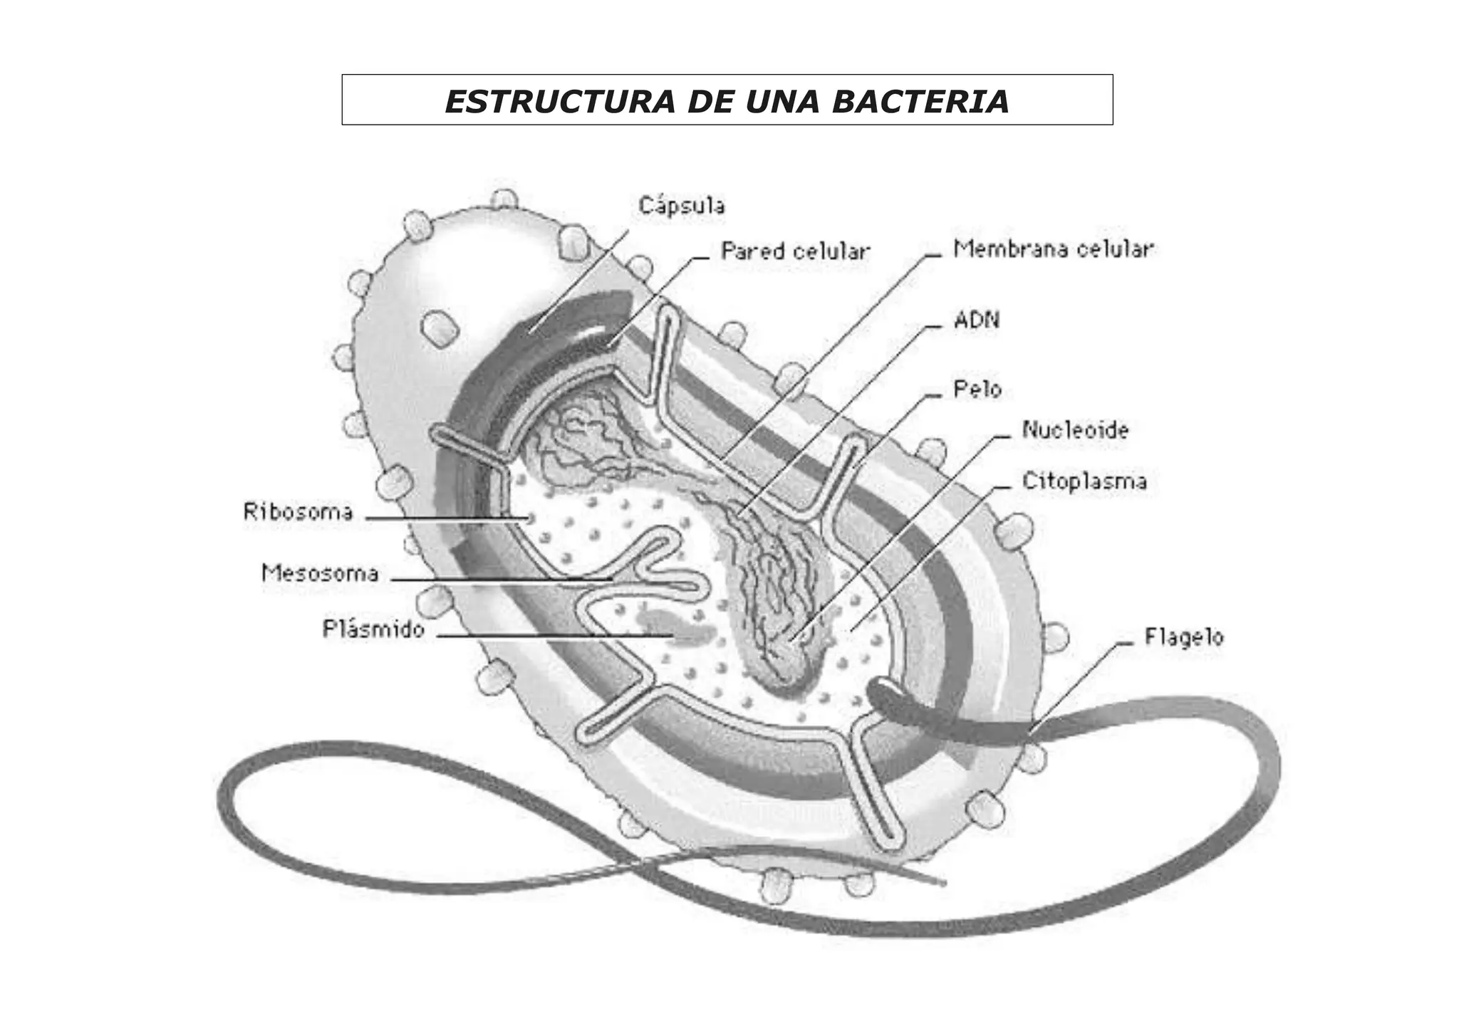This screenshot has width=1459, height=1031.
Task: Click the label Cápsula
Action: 682,206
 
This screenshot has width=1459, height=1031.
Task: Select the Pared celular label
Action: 795,251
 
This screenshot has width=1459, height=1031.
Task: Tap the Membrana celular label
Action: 1053,249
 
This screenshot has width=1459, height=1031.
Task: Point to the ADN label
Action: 977,320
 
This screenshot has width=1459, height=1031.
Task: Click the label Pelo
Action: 977,389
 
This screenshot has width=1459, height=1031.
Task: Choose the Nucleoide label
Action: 1075,430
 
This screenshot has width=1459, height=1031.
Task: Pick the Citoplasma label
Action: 1084,481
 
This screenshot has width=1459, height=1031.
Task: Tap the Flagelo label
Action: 1183,637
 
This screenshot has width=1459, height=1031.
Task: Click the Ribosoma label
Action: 298,512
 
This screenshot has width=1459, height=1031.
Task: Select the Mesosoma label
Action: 320,573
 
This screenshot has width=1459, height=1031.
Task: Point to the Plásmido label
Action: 373,629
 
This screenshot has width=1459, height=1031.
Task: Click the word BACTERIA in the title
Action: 920,101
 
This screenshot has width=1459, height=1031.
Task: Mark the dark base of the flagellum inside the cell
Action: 891,697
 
